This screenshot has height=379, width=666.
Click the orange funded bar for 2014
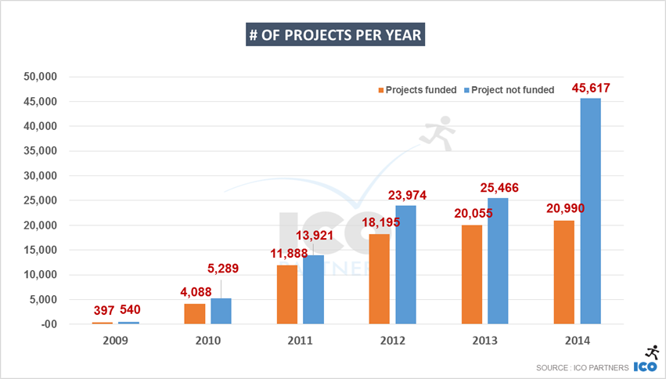click(563, 272)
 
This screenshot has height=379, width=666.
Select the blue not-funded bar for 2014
click(590, 211)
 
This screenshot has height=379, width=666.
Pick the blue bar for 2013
click(498, 261)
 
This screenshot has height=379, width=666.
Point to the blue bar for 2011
click(313, 289)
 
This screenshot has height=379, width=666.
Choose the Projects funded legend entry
click(418, 90)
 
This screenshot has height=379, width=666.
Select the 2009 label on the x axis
click(115, 341)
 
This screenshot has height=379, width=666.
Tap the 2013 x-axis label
click(484, 341)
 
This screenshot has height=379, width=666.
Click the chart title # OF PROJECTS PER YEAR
click(335, 37)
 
